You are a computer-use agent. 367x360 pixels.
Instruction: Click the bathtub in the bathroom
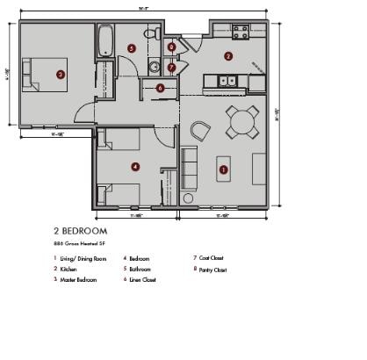pos(104,40)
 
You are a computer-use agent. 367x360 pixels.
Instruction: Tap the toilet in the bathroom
pos(154,34)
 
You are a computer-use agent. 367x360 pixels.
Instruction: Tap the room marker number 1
pos(223,169)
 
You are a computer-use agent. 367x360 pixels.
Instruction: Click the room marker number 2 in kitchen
pos(228,56)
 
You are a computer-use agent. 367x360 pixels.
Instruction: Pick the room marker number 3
pos(60,75)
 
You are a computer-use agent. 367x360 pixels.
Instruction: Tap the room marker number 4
pos(134,166)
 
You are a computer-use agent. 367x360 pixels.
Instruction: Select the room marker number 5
pos(131,48)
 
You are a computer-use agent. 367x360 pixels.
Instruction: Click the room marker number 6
pos(161,88)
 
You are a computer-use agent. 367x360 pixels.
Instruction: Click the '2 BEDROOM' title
pos(81,231)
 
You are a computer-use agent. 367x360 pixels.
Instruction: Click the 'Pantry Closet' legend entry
pos(211,270)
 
